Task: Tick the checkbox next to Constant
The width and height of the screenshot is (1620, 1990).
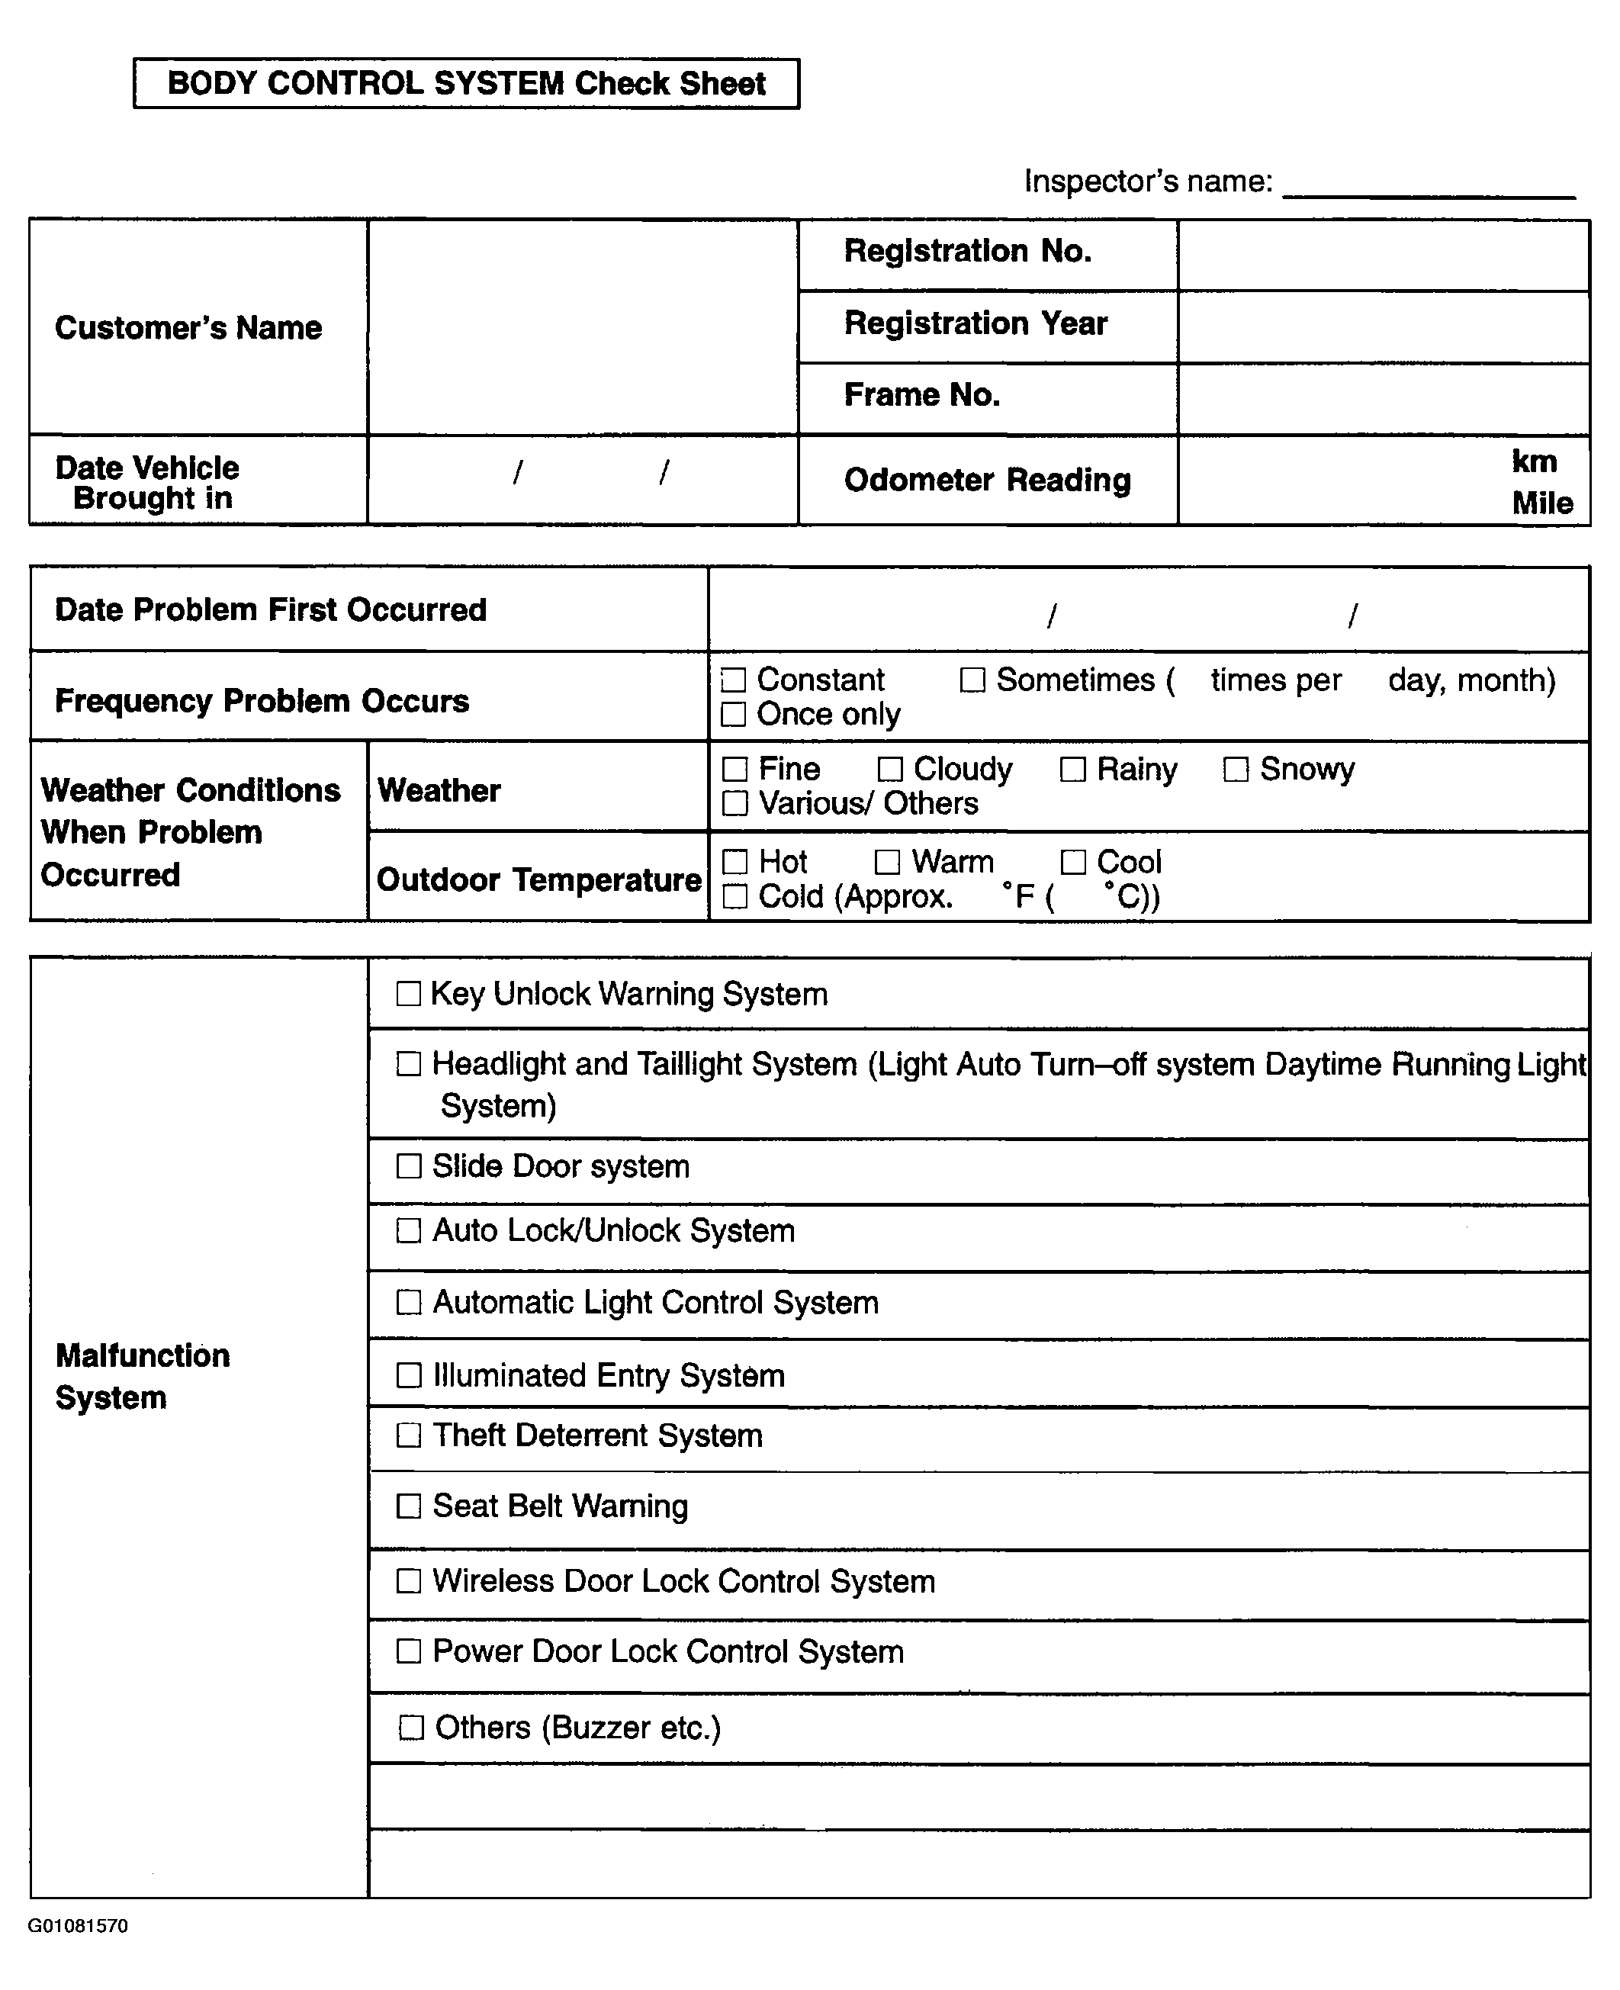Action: (734, 680)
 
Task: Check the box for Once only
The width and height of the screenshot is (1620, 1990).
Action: (734, 715)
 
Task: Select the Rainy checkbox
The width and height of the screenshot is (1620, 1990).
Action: (1073, 770)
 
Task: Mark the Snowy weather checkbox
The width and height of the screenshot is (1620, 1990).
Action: (1236, 770)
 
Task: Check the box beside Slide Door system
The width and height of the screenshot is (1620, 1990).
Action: (409, 1166)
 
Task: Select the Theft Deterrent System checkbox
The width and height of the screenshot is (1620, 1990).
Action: (409, 1435)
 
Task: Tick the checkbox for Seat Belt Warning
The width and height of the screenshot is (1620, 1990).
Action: (409, 1506)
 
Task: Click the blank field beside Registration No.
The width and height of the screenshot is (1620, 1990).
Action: (1383, 255)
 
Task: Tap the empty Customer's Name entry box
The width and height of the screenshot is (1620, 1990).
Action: (582, 326)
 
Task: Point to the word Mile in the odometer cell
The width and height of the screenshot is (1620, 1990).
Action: (1541, 504)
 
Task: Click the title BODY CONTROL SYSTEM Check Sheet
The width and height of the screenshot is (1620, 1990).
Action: (466, 84)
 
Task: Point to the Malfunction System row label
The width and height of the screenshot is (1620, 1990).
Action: (142, 1376)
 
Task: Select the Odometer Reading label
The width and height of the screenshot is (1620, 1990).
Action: (986, 481)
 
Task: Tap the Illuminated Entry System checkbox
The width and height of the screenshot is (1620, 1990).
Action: (409, 1375)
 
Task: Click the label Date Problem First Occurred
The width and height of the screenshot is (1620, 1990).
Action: (271, 610)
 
